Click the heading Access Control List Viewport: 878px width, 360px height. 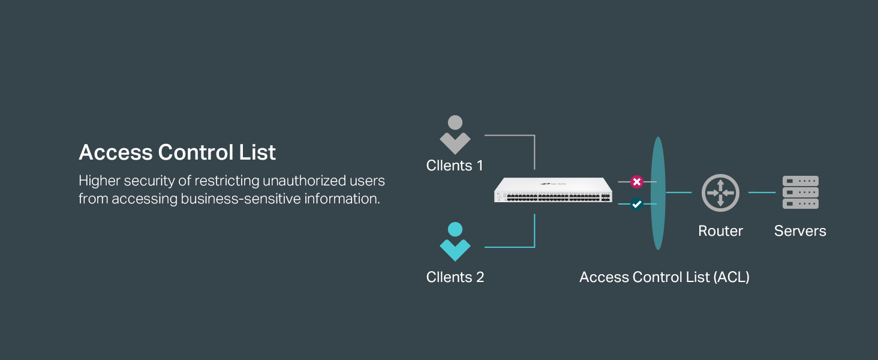pos(177,152)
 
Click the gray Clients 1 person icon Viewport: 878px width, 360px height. pos(455,134)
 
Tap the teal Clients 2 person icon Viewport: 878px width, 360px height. pos(455,242)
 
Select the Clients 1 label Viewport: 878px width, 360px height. pos(455,166)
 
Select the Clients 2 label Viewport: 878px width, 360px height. pos(455,277)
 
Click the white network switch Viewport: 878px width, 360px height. pos(553,190)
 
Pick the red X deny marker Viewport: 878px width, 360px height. pos(637,182)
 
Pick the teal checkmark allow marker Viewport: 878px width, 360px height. pos(637,204)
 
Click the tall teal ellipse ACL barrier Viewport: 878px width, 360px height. pos(658,193)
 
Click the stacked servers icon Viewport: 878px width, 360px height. pos(801,192)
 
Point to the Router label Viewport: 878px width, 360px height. pos(720,231)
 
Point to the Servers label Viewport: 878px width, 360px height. pos(800,231)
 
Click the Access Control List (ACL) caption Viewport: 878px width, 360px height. pos(664,277)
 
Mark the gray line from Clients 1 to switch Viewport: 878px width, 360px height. pos(534,135)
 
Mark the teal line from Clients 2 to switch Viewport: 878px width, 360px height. pos(534,247)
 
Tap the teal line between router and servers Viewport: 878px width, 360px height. pos(762,193)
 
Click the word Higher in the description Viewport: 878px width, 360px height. pos(99,181)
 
